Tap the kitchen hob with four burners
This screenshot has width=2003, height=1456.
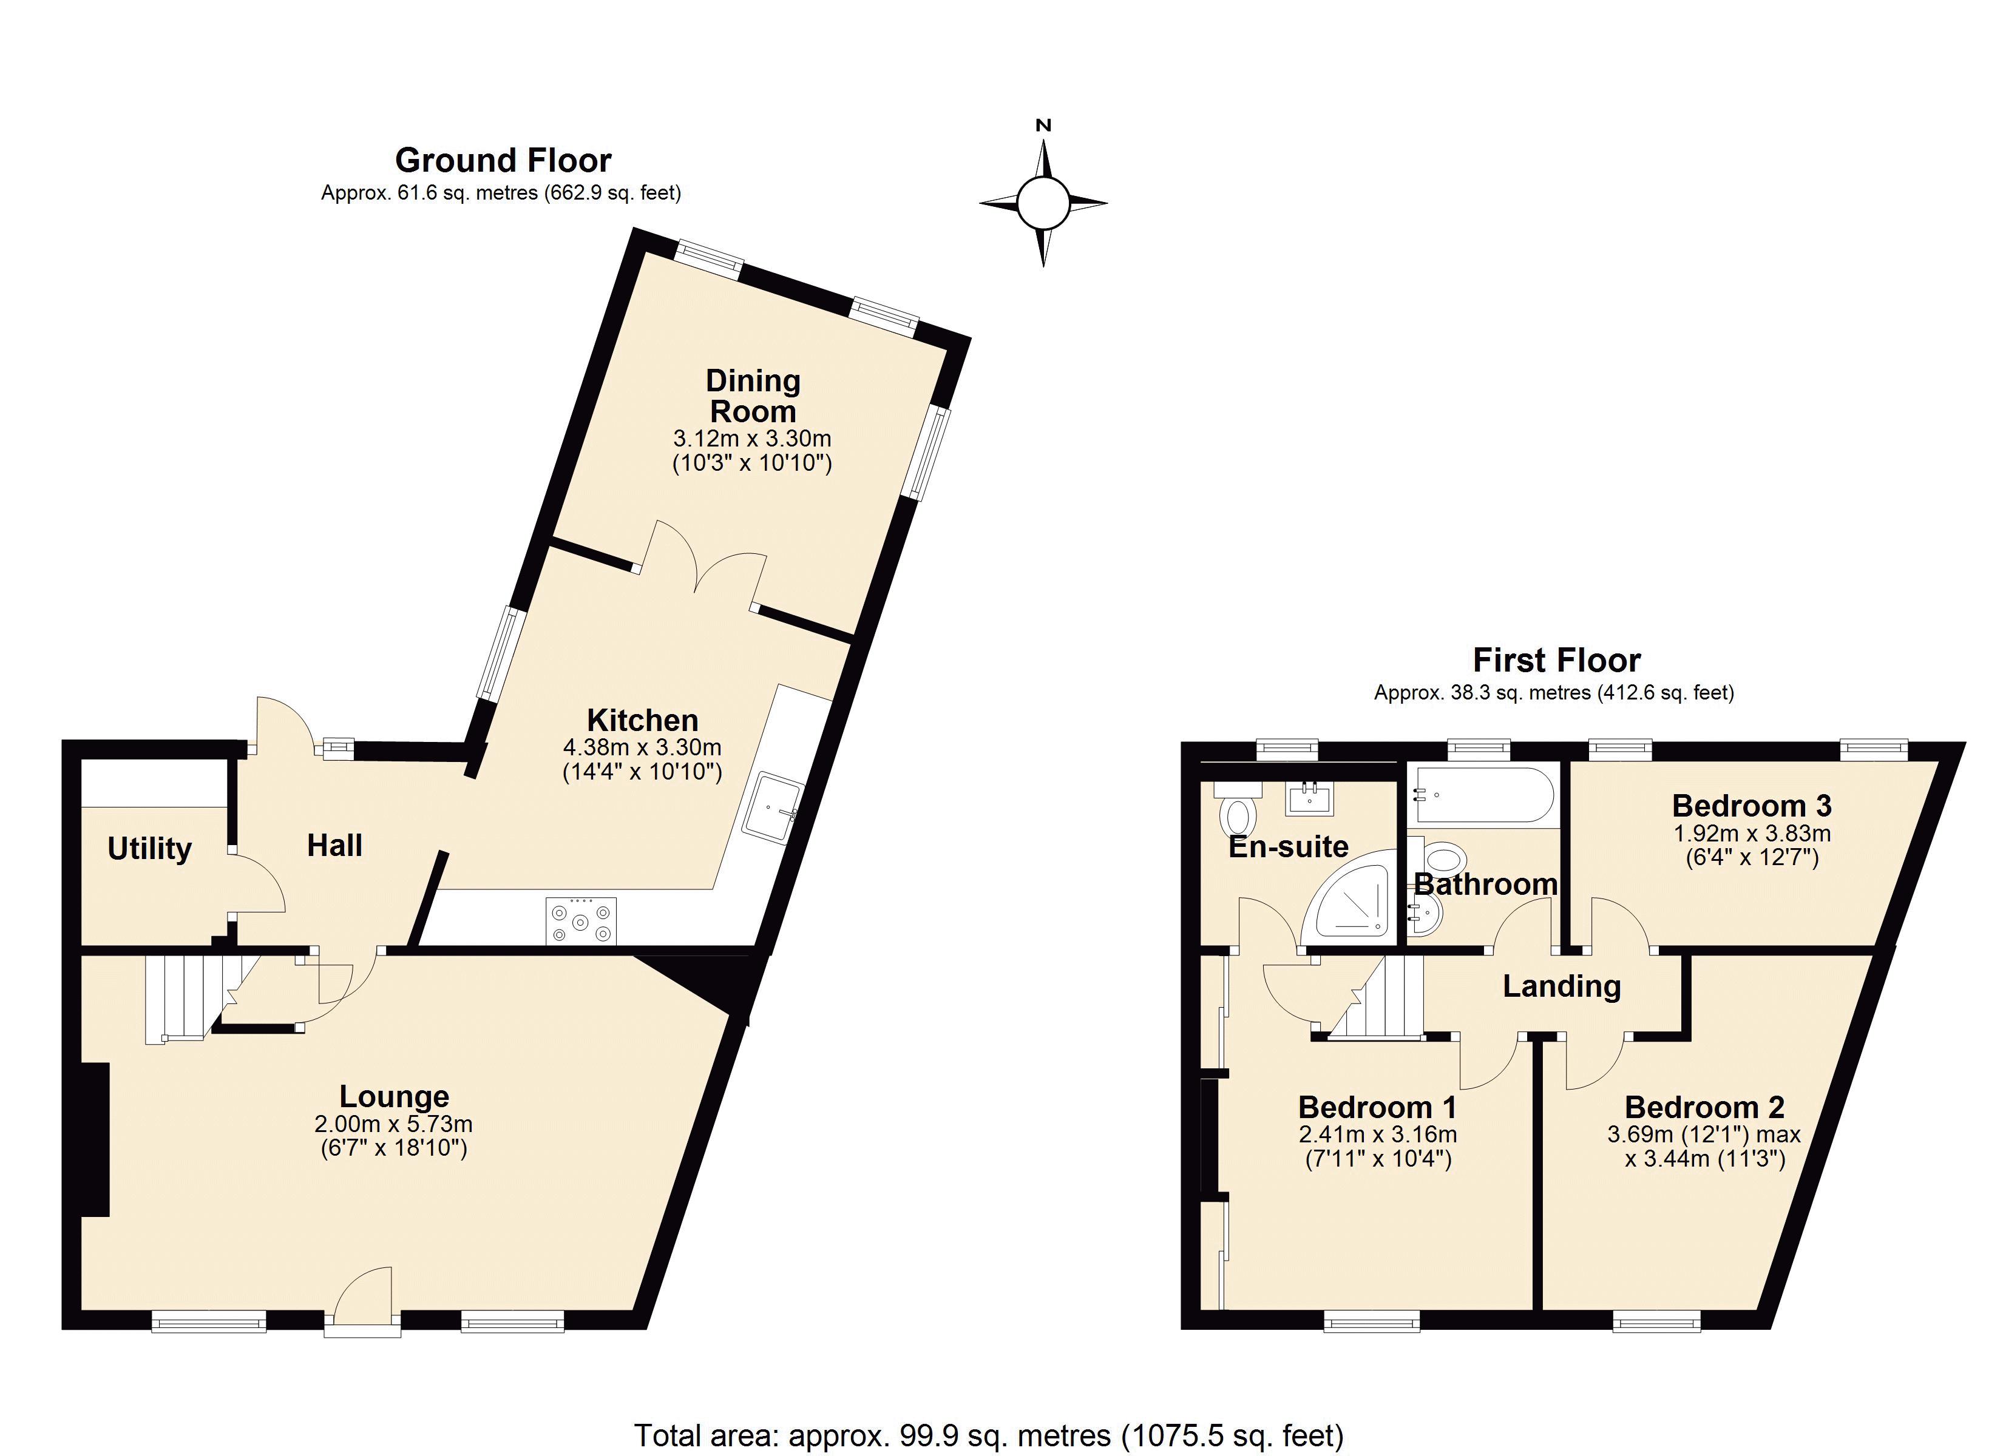coord(581,921)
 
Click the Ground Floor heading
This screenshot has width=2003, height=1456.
coord(503,160)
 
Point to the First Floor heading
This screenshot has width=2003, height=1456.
coord(1557,659)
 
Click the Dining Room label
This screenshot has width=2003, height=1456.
coord(753,396)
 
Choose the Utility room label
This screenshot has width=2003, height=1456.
coord(149,849)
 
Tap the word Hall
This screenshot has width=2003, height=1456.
coord(334,845)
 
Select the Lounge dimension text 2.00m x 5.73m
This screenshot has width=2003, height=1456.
coord(394,1124)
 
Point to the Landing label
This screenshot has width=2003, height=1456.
coord(1561,986)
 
